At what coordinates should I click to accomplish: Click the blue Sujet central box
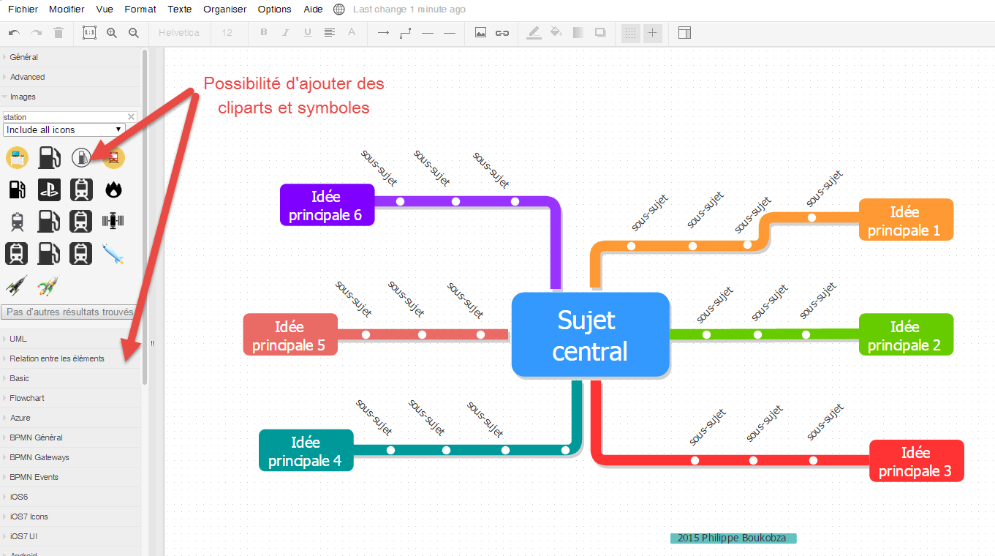tap(590, 335)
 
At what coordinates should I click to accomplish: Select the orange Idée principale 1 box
tap(906, 219)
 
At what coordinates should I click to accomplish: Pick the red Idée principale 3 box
tap(916, 461)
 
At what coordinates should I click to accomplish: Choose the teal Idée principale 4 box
tap(306, 451)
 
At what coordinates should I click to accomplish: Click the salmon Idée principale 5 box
tap(290, 334)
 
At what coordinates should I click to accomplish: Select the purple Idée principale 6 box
tap(327, 205)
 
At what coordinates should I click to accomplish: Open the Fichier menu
tap(23, 10)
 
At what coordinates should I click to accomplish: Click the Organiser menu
tap(225, 10)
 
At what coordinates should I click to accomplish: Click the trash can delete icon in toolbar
tap(59, 33)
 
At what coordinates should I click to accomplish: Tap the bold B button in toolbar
tap(264, 33)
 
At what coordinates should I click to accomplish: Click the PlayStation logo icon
tap(49, 189)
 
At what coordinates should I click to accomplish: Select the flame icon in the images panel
tap(113, 189)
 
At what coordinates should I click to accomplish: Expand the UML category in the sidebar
tap(18, 339)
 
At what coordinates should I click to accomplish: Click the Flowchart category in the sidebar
tap(27, 398)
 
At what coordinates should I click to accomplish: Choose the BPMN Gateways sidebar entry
tap(39, 457)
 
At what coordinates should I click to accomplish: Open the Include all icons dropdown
tap(64, 129)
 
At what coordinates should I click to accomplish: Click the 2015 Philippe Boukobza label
tap(733, 538)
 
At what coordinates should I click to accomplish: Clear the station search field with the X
tap(132, 116)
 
